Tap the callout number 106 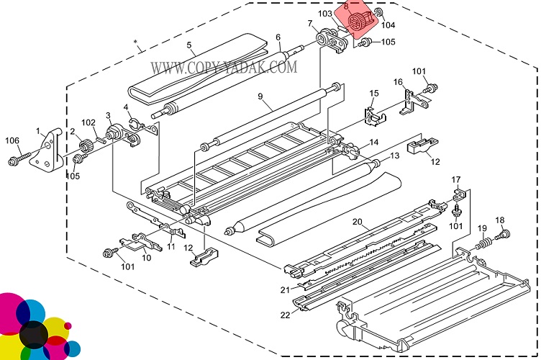pos(12,140)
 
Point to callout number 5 pos(191,45)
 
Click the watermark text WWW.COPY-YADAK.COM pos(224,68)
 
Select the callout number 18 pos(500,220)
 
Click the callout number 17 pos(455,179)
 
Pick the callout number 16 pos(397,82)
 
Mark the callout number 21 pos(285,289)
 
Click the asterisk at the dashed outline pos(136,42)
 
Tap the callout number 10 pos(147,258)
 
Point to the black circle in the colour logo pos(32,333)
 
